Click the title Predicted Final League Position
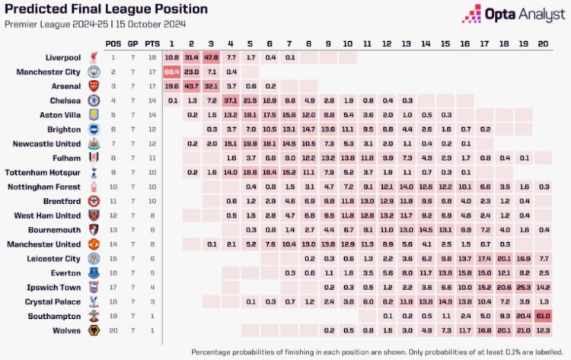pyautogui.click(x=106, y=9)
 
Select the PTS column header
pyautogui.click(x=152, y=43)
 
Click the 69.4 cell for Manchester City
pyautogui.click(x=171, y=72)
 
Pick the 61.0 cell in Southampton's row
pyautogui.click(x=543, y=316)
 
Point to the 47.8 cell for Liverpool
pyautogui.click(x=211, y=57)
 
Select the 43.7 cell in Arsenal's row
pyautogui.click(x=191, y=86)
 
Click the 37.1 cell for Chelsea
pyautogui.click(x=231, y=100)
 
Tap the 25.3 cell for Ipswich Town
pyautogui.click(x=523, y=287)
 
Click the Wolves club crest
pyautogui.click(x=94, y=331)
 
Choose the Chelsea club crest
pyautogui.click(x=94, y=100)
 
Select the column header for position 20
pyautogui.click(x=543, y=43)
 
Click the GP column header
pyautogui.click(x=133, y=43)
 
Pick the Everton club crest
pyautogui.click(x=94, y=272)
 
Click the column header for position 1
pyautogui.click(x=171, y=43)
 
